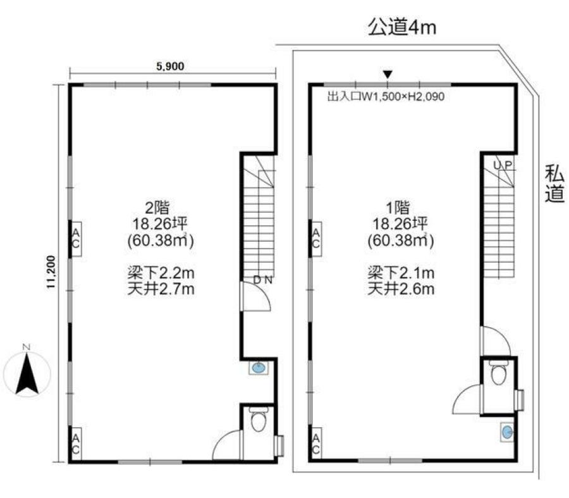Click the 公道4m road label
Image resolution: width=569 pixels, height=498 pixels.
[401, 27]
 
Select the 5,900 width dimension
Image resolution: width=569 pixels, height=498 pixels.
[170, 66]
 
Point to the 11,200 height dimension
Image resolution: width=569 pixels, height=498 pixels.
[51, 272]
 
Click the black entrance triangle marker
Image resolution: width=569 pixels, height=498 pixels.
[388, 75]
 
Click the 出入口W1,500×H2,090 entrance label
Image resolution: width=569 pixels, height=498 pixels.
[386, 97]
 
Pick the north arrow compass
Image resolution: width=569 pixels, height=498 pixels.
[27, 371]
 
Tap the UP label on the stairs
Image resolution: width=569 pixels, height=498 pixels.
[503, 165]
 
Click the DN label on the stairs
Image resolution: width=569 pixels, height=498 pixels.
[263, 280]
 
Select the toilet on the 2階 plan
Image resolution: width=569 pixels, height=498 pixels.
[259, 420]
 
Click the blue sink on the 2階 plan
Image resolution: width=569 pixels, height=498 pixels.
[259, 368]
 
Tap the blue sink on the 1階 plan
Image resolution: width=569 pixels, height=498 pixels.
[507, 432]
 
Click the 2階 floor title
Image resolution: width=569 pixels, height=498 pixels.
[157, 208]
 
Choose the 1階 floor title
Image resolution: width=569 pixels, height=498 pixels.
[398, 208]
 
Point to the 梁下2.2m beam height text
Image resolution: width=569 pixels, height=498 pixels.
[161, 273]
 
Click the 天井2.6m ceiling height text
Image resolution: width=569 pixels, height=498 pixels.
[401, 289]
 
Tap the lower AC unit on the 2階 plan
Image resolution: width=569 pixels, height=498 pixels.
[75, 444]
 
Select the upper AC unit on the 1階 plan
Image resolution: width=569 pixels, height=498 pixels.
[315, 239]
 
